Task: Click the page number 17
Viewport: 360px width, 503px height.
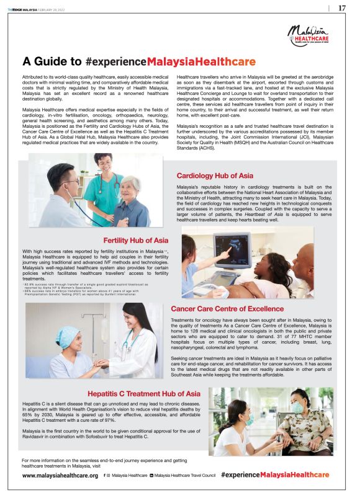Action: tap(341, 8)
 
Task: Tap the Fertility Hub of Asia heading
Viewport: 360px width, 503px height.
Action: tap(135, 239)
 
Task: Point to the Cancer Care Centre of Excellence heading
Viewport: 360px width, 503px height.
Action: tap(227, 308)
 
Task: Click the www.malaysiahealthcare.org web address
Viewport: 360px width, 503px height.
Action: tap(60, 475)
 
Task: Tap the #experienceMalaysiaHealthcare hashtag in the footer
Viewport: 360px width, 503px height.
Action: tap(283, 474)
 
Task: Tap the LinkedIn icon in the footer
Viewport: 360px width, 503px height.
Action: tap(151, 475)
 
